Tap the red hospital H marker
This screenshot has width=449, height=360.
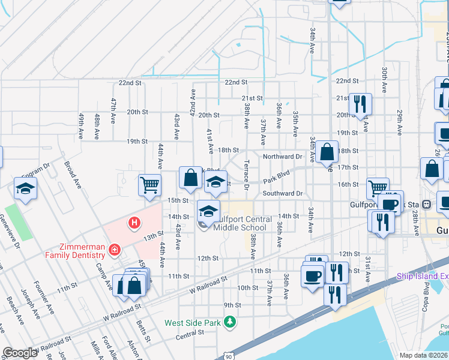pyautogui.click(x=134, y=223)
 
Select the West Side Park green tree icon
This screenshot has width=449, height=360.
pyautogui.click(x=229, y=323)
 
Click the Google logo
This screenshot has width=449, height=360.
pyautogui.click(x=19, y=353)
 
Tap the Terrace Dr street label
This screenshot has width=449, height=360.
pyautogui.click(x=247, y=170)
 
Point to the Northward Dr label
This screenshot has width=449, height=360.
pyautogui.click(x=282, y=156)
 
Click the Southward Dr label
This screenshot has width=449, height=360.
pyautogui.click(x=282, y=194)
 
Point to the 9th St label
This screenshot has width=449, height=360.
pyautogui.click(x=232, y=305)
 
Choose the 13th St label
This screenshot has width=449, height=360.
pyautogui.click(x=152, y=235)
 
